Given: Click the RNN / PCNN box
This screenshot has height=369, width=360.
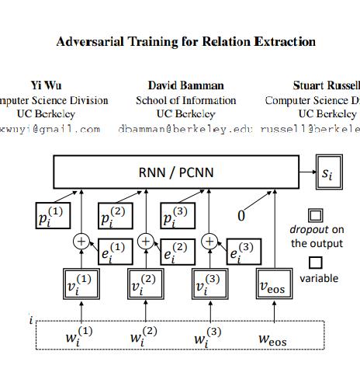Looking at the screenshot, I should (x=175, y=172).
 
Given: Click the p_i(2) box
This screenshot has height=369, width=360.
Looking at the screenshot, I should (x=116, y=217).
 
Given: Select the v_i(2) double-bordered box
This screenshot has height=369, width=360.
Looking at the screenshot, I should (x=145, y=287).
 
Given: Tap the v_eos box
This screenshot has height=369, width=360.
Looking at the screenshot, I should (x=275, y=287).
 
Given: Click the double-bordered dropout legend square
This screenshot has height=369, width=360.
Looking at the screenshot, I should (x=317, y=216).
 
